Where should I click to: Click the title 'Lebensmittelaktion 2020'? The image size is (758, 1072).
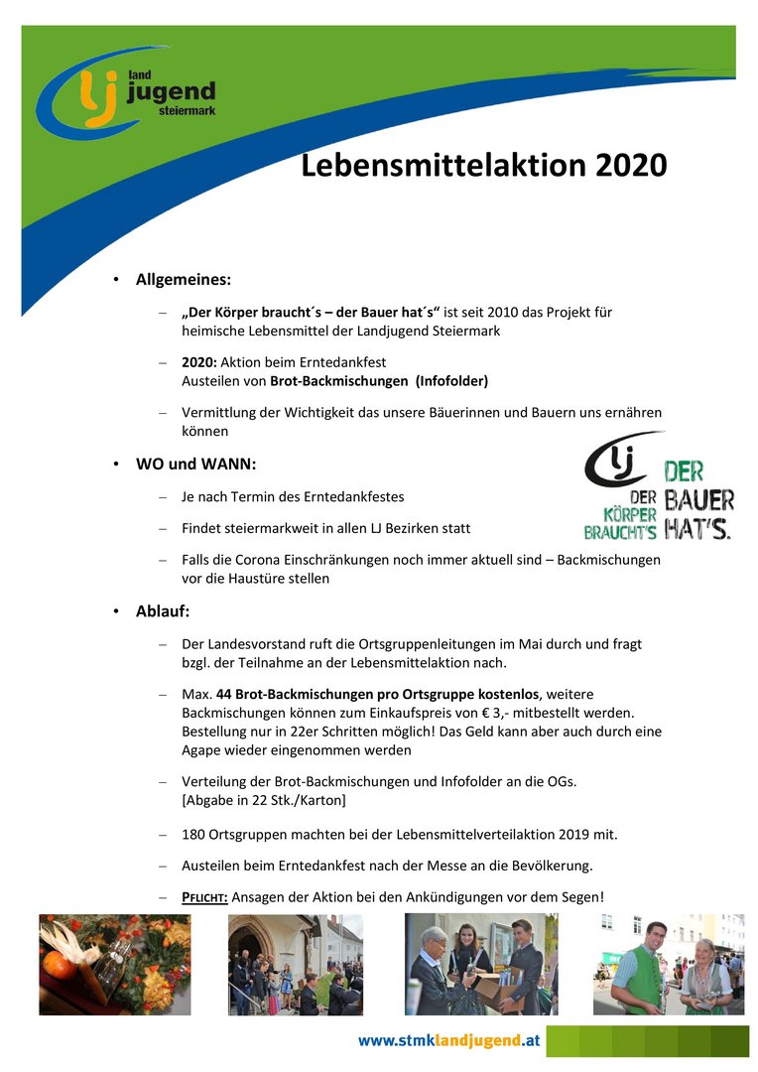click(x=483, y=165)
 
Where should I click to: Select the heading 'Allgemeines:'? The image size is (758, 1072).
click(x=184, y=280)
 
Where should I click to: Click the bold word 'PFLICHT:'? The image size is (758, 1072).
click(x=204, y=897)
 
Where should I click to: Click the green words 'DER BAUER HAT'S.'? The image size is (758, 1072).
click(x=698, y=499)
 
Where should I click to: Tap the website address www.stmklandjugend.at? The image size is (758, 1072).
click(x=448, y=1040)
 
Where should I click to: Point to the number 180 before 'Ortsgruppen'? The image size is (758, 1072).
click(x=193, y=834)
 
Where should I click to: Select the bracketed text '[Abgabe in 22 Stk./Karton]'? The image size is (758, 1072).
click(x=264, y=800)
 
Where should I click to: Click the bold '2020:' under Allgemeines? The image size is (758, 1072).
click(x=198, y=362)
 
